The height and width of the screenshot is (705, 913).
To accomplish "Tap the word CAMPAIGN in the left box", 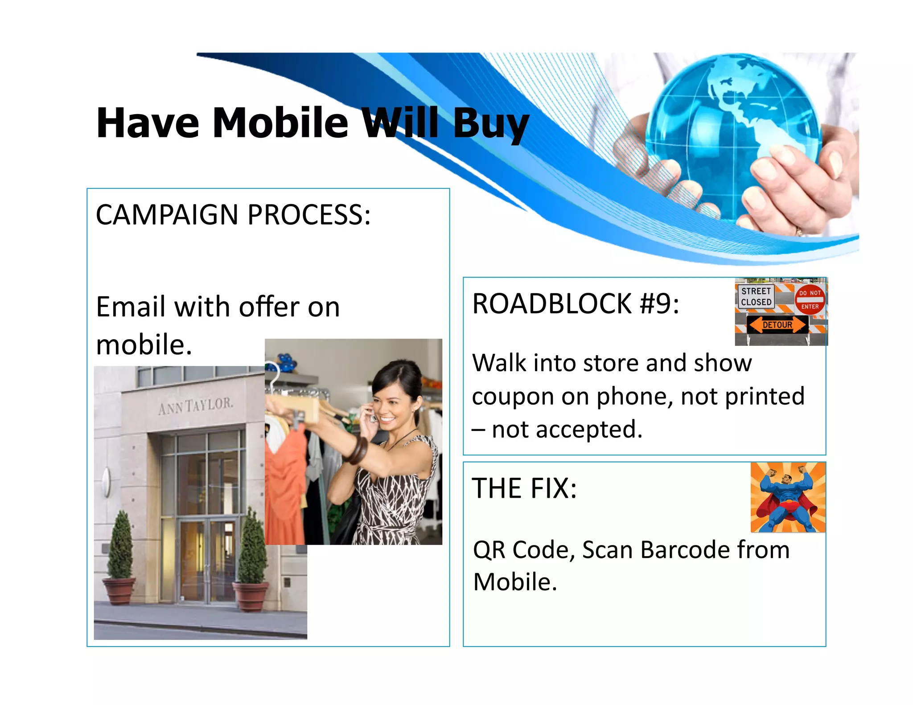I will point(167,215).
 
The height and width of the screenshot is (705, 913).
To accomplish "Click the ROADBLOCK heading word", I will point(552,304).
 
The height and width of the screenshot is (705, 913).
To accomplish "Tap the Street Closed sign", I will point(756,296).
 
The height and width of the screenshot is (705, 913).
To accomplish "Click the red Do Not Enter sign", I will point(810,299).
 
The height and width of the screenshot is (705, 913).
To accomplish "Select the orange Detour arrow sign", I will point(777,324).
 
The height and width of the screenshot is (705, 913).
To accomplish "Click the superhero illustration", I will point(788,497).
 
